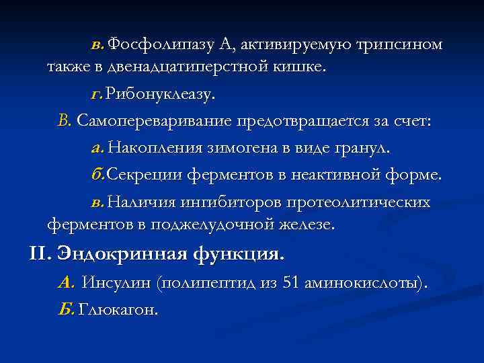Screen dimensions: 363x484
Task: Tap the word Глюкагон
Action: pyautogui.click(x=119, y=310)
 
